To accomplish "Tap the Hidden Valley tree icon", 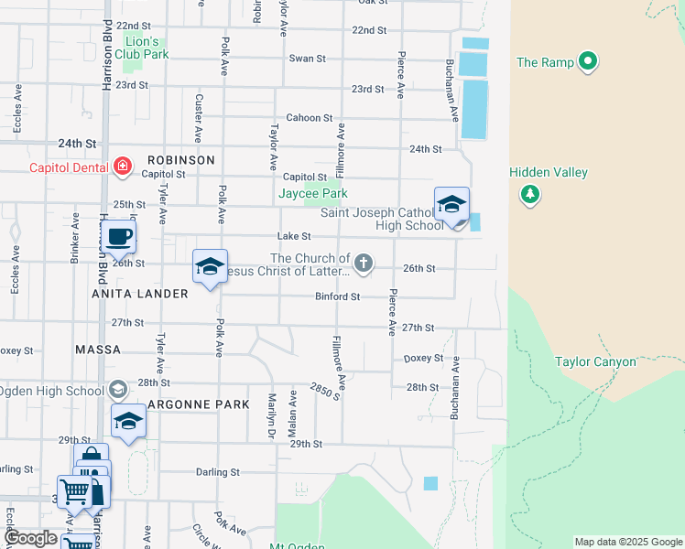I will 529,193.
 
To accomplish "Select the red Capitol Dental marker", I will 122,167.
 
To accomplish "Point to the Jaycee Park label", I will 313,194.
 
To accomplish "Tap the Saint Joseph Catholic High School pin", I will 451,206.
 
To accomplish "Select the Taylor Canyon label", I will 595,361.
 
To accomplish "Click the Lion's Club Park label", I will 142,48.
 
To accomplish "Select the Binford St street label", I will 337,296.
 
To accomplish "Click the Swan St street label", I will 308,59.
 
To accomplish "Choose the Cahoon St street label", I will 309,117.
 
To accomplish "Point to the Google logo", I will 30,538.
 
